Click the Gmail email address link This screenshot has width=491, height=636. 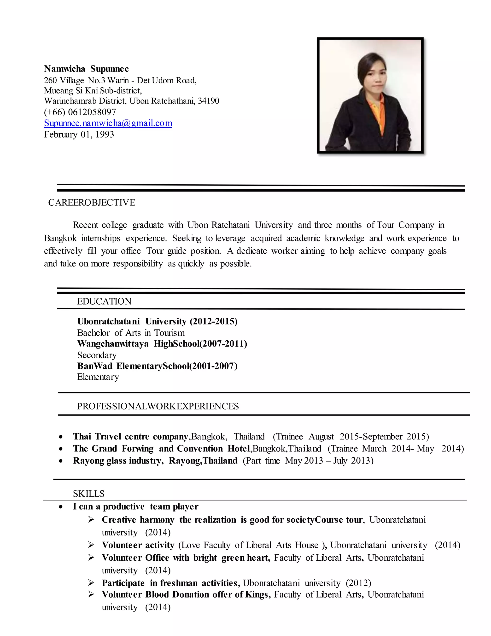pos(108,123)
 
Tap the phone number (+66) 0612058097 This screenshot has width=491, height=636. pos(80,112)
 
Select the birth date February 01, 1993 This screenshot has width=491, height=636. pos(79,135)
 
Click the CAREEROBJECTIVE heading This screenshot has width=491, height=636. pos(92,203)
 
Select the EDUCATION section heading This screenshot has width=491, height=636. pos(104,301)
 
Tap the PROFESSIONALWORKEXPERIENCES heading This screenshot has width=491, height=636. pos(158,406)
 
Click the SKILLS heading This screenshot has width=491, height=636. pos(88,494)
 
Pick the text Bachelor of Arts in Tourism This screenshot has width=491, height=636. pos(131,333)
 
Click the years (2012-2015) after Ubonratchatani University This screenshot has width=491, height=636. pos(214,322)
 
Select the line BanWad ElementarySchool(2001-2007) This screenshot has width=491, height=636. pos(157,366)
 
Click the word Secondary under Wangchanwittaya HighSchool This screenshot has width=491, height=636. pos(97,355)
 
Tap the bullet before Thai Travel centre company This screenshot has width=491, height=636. pos(60,437)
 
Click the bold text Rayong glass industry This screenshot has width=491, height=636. pos(118,461)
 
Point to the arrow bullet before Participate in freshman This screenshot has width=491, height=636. pos(91,583)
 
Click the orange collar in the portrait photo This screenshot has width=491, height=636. pos(377,111)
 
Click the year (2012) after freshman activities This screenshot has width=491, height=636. pos(358,583)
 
